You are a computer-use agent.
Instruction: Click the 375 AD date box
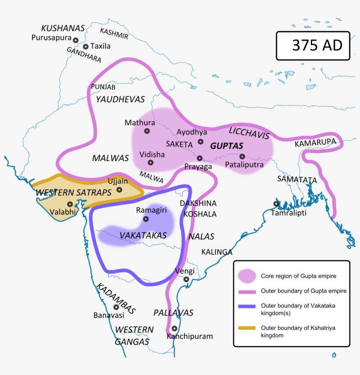click(313, 46)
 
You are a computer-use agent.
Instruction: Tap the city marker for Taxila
click(86, 46)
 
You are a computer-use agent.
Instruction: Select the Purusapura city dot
click(76, 40)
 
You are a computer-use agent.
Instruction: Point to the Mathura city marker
click(147, 131)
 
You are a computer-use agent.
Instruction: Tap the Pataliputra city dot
click(242, 157)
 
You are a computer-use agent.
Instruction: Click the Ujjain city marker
click(119, 190)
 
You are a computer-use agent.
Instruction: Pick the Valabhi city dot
click(70, 204)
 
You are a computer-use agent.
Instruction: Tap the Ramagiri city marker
click(146, 219)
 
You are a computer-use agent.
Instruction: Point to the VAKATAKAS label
click(143, 236)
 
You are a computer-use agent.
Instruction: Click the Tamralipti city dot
click(276, 204)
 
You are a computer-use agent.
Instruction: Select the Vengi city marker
click(187, 279)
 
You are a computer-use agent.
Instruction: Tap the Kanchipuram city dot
click(174, 329)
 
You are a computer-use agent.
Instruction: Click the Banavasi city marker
click(116, 307)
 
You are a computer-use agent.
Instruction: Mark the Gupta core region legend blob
click(247, 276)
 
